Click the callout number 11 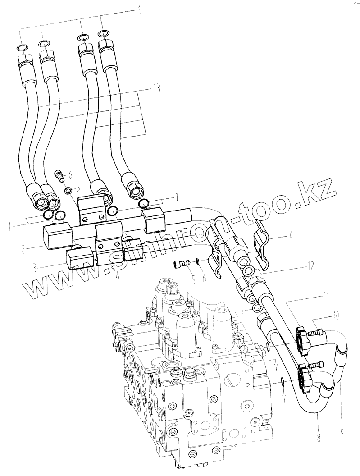tap(326, 297)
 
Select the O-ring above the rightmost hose tap(103, 33)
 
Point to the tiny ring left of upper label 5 tap(68, 190)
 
